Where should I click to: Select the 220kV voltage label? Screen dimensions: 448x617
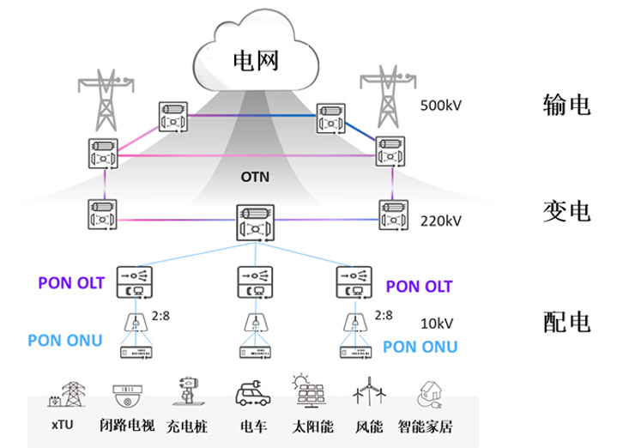(x=442, y=221)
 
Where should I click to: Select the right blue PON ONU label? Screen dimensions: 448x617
(x=419, y=347)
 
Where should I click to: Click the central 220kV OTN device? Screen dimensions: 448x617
(x=255, y=223)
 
